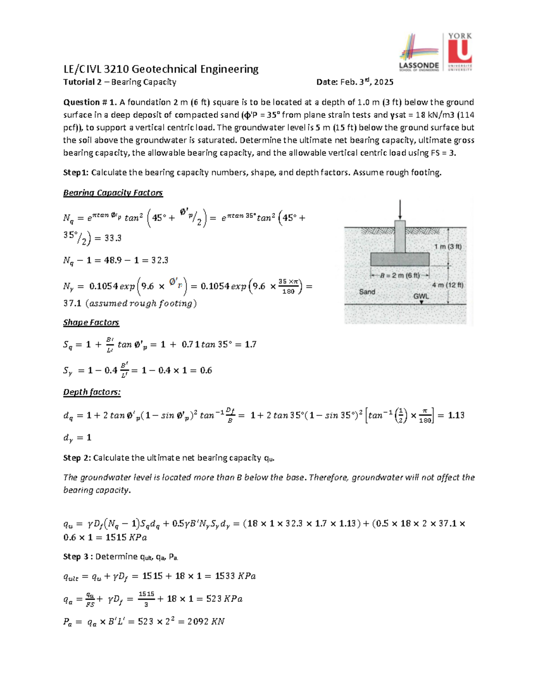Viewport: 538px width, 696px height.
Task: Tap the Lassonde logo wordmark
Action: pyautogui.click(x=419, y=65)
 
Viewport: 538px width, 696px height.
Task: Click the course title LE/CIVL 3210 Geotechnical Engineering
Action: pyautogui.click(x=161, y=69)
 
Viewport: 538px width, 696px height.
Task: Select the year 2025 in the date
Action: pyautogui.click(x=384, y=82)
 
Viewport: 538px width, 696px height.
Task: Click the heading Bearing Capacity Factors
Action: pyautogui.click(x=113, y=193)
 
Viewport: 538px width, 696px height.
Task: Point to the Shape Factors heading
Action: pyautogui.click(x=91, y=323)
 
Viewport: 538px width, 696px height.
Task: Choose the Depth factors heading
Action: pyautogui.click(x=91, y=392)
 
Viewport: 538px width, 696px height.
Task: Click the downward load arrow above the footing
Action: pyautogui.click(x=400, y=209)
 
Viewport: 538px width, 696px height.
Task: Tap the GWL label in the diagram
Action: pyautogui.click(x=421, y=296)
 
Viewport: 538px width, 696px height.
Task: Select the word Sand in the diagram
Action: pyautogui.click(x=367, y=292)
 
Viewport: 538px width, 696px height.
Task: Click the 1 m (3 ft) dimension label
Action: pyautogui.click(x=447, y=246)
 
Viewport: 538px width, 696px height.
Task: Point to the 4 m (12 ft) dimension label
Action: pyautogui.click(x=447, y=285)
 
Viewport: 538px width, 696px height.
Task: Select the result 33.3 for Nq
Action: pyautogui.click(x=113, y=238)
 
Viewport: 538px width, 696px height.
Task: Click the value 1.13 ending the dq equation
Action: pyautogui.click(x=456, y=415)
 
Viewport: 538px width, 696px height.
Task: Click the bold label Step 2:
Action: pyautogui.click(x=77, y=458)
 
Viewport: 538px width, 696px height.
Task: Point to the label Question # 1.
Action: pyautogui.click(x=90, y=102)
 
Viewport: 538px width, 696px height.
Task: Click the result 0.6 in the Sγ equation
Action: pyautogui.click(x=206, y=371)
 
